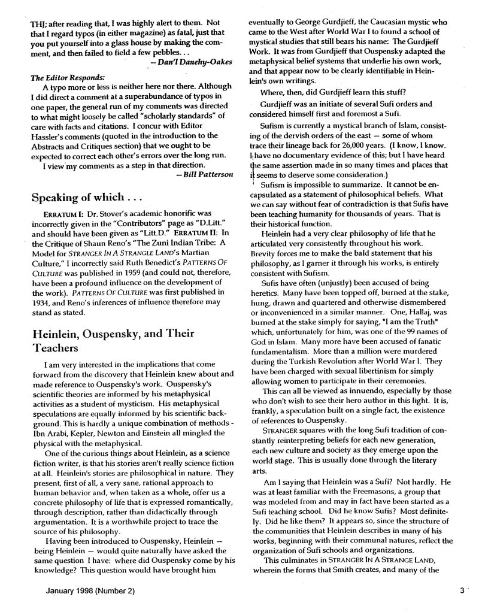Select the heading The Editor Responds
coord(67,76)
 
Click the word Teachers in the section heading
coord(57,347)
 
